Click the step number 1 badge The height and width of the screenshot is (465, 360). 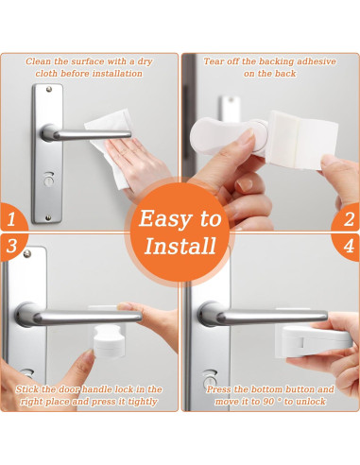(x=12, y=218)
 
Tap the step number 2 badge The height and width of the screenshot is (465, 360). (x=348, y=218)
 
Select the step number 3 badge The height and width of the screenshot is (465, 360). (x=12, y=247)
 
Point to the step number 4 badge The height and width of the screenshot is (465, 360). (x=348, y=247)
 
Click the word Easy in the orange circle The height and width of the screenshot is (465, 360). (x=163, y=218)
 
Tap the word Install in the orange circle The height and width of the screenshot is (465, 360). (x=180, y=246)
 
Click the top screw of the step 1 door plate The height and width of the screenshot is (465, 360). (x=49, y=89)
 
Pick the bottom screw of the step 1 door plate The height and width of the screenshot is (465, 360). (x=48, y=217)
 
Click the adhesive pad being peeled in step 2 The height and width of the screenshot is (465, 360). (x=300, y=139)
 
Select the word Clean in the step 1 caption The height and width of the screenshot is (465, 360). (x=39, y=61)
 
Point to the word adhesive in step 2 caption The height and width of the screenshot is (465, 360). (x=317, y=61)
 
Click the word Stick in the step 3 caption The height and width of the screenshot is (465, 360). (x=27, y=389)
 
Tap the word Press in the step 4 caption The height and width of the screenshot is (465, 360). (x=218, y=389)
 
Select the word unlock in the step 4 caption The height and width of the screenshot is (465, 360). (x=309, y=402)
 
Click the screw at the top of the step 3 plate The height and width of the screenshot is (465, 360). (x=27, y=253)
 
